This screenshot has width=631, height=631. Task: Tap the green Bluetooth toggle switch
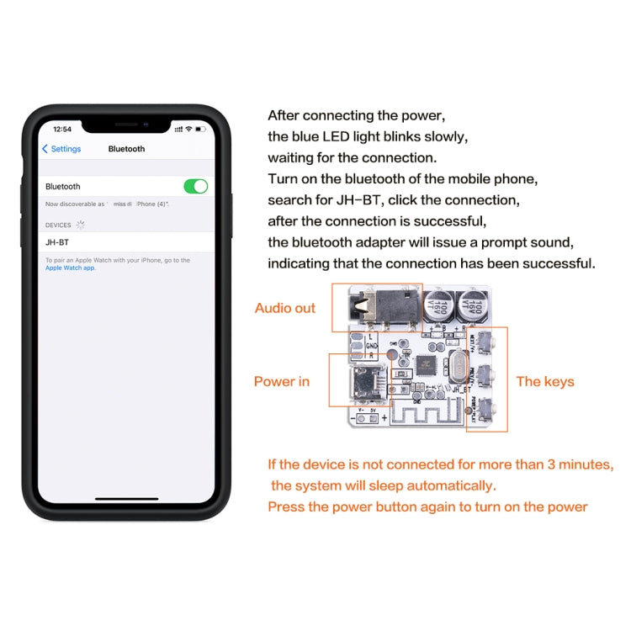point(195,186)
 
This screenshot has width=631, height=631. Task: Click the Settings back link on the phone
point(61,149)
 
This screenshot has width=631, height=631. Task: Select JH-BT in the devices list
point(58,242)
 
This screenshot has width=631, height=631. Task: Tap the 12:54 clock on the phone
point(62,129)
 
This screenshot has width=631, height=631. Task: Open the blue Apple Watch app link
point(71,268)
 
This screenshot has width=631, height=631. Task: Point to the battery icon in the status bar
point(202,129)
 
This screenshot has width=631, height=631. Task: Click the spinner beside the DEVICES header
point(81,225)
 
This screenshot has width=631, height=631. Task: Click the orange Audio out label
point(285,308)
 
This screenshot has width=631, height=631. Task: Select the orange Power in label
point(282,381)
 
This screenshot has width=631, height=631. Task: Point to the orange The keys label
point(545,381)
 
